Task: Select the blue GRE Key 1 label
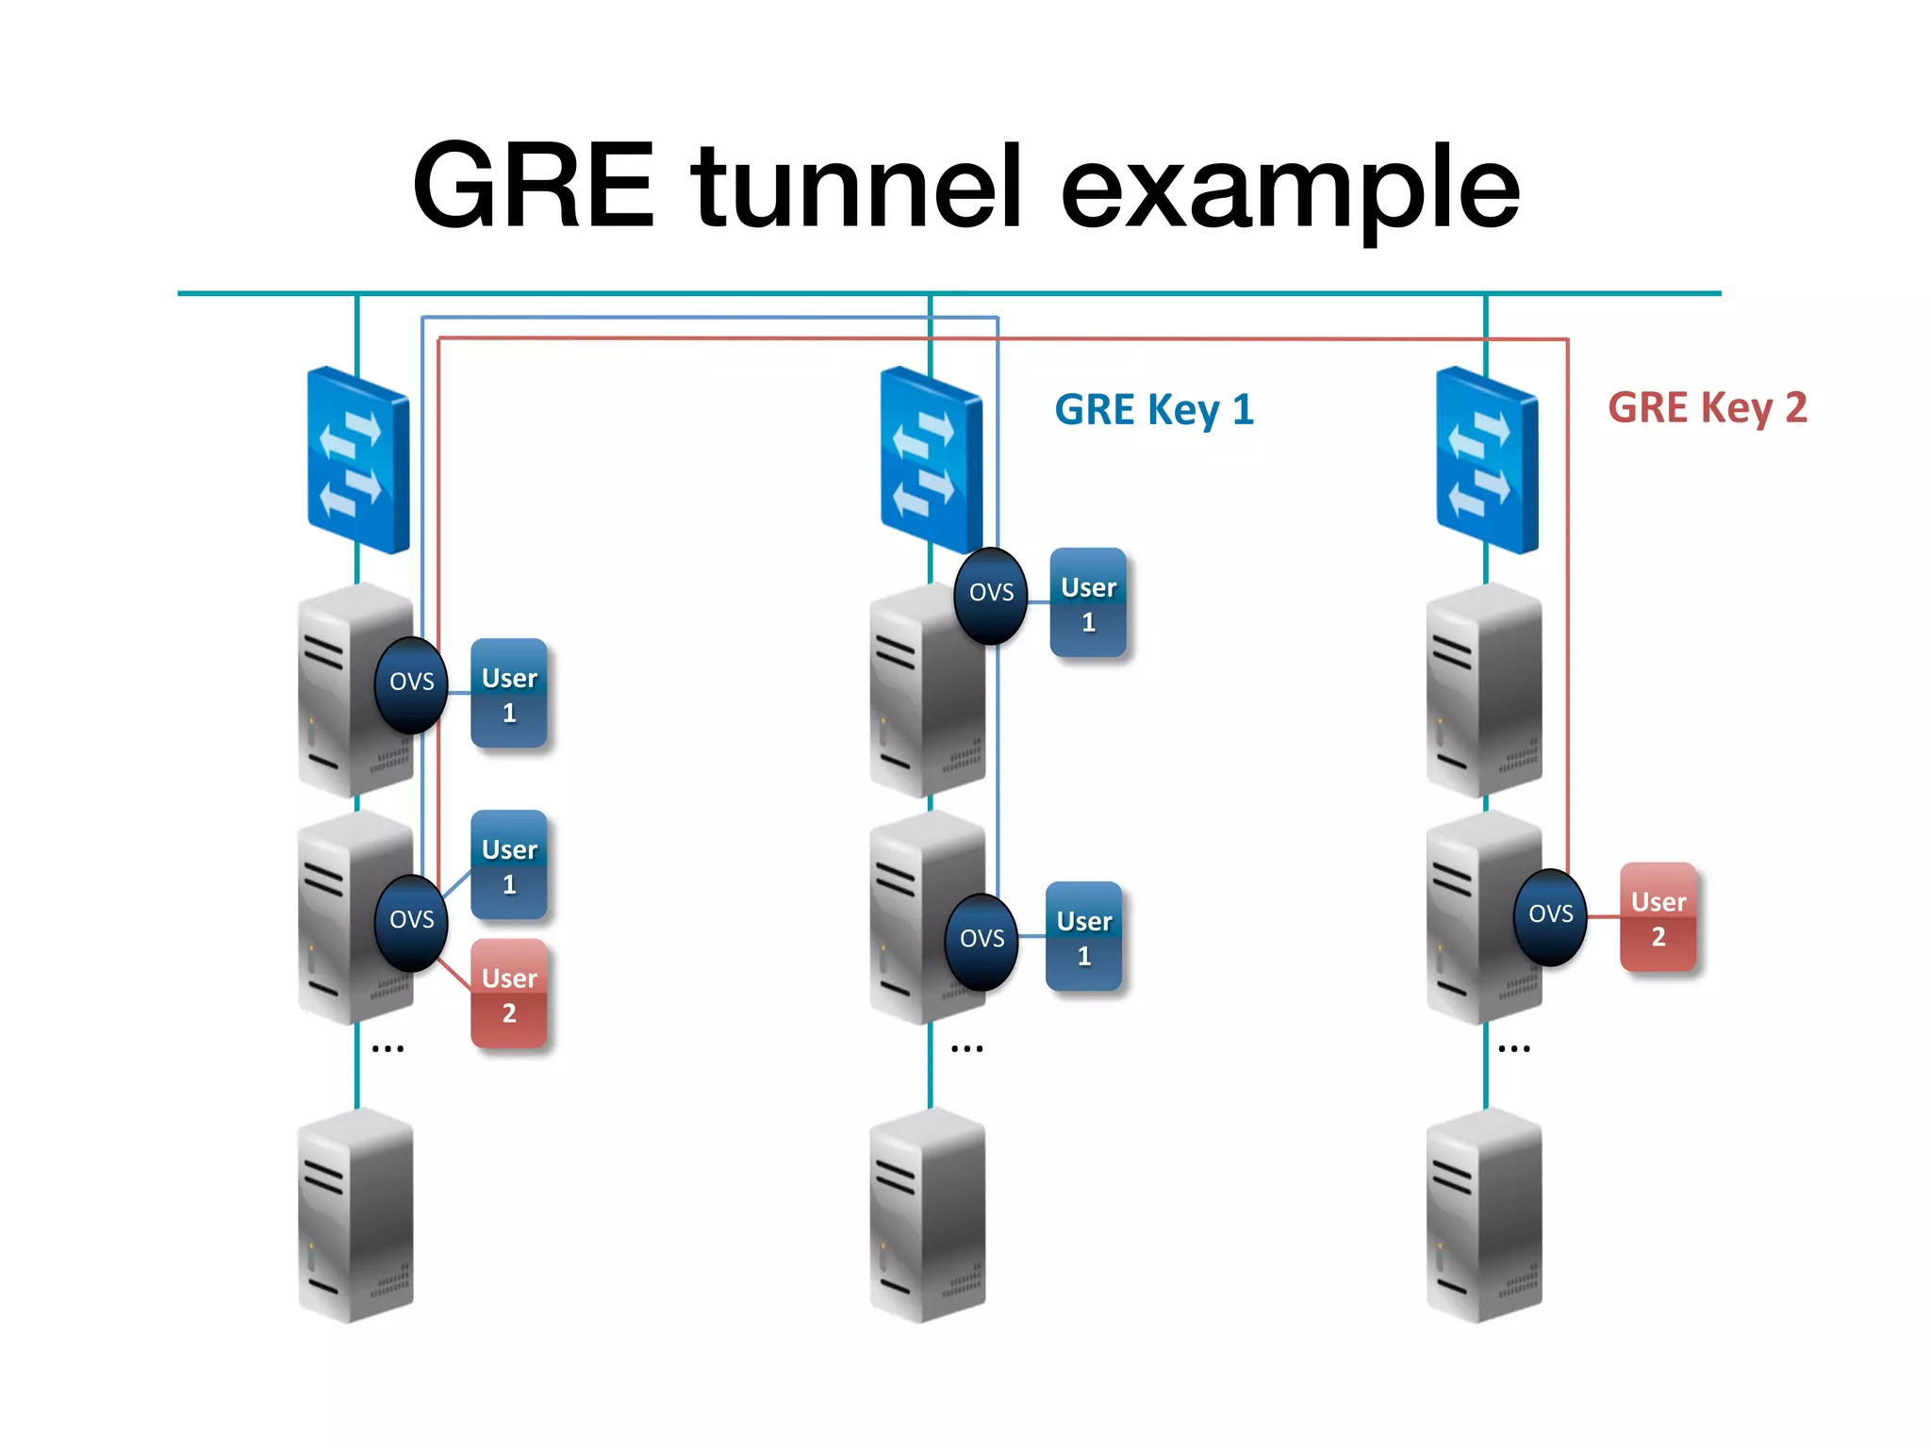[1153, 410]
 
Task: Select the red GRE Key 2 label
[1707, 408]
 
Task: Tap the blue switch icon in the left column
[358, 460]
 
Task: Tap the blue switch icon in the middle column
[931, 460]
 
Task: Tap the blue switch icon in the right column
[1486, 460]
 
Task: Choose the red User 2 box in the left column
[509, 994]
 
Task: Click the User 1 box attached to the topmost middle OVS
[1088, 603]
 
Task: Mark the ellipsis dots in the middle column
[966, 1048]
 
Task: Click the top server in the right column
[1484, 690]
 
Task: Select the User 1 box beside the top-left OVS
[509, 694]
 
